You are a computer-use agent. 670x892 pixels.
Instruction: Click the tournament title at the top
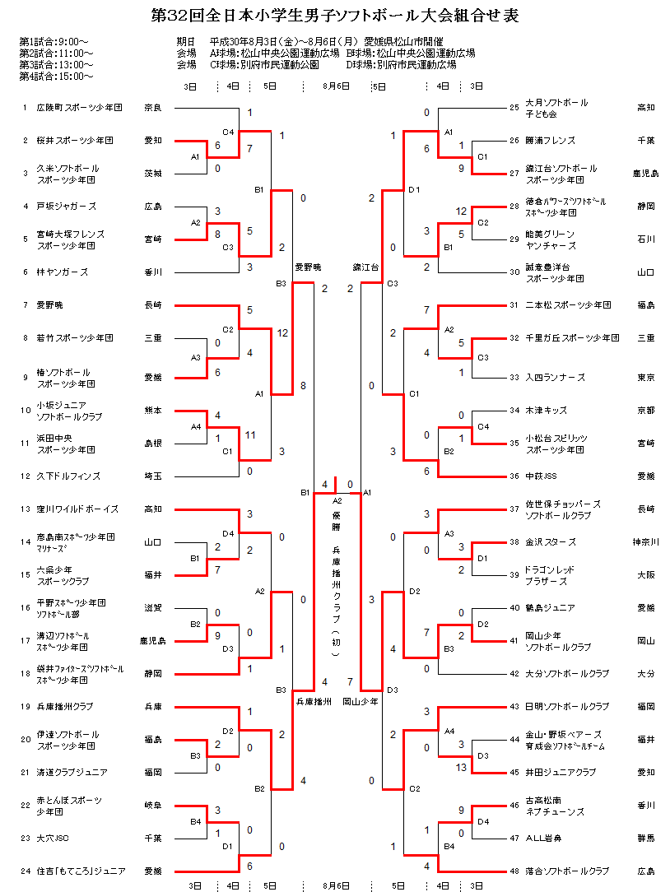click(335, 16)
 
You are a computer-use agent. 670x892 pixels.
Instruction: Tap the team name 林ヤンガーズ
click(62, 272)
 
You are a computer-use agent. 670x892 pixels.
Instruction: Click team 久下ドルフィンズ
click(67, 476)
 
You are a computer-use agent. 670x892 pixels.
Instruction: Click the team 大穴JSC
click(51, 839)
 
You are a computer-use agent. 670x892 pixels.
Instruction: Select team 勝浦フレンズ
click(551, 141)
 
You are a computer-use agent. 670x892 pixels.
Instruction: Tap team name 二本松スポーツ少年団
click(568, 305)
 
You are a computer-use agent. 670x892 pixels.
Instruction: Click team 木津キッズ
click(550, 411)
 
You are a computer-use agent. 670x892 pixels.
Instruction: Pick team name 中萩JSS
click(544, 476)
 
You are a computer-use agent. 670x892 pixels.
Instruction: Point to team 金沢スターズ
click(551, 542)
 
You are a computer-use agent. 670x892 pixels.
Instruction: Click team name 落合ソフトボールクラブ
click(568, 871)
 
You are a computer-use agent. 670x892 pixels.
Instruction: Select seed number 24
click(26, 871)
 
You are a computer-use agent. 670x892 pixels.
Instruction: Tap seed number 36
click(514, 476)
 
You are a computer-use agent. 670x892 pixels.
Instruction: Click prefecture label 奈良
click(152, 108)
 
